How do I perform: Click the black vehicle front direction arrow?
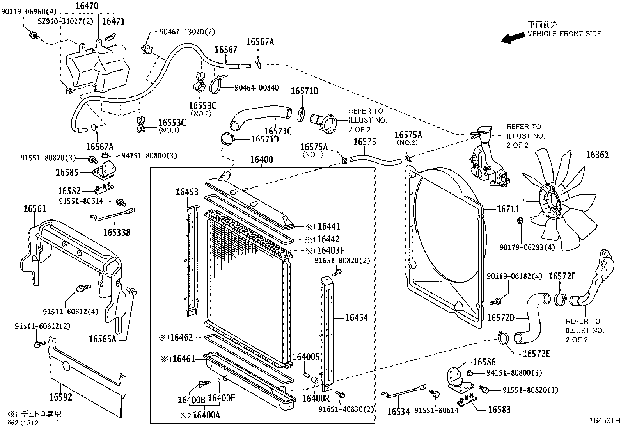pyautogui.click(x=513, y=38)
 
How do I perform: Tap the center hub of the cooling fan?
pyautogui.click(x=551, y=202)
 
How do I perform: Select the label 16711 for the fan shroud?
pyautogui.click(x=507, y=210)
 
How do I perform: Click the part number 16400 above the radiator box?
pyautogui.click(x=261, y=160)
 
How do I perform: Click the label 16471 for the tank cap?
pyautogui.click(x=114, y=21)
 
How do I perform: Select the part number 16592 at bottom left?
pyautogui.click(x=61, y=397)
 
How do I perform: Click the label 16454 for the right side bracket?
pyautogui.click(x=356, y=318)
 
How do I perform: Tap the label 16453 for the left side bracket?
pyautogui.click(x=186, y=192)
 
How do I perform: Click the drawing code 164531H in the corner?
pyautogui.click(x=604, y=421)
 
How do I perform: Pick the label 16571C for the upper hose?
pyautogui.click(x=278, y=131)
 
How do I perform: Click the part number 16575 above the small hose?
pyautogui.click(x=365, y=142)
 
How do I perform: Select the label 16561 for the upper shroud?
pyautogui.click(x=35, y=209)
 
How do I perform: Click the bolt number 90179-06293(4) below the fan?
pyautogui.click(x=527, y=247)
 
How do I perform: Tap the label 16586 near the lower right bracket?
pyautogui.click(x=484, y=362)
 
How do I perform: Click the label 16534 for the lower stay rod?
pyautogui.click(x=399, y=411)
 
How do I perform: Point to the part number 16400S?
pyautogui.click(x=306, y=357)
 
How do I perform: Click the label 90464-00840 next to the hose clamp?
pyautogui.click(x=257, y=88)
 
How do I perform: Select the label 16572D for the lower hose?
pyautogui.click(x=500, y=318)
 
